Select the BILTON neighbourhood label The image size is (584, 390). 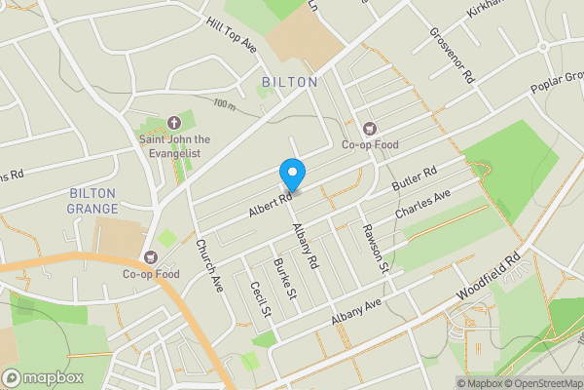(x=289, y=82)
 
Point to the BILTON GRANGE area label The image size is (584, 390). (x=92, y=201)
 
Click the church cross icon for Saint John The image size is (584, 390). (x=175, y=123)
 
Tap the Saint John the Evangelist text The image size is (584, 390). (x=175, y=145)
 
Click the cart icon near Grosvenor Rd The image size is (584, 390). (x=369, y=128)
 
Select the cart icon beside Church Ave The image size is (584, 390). (x=151, y=257)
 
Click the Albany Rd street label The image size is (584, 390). (x=306, y=246)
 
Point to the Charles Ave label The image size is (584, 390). (x=422, y=205)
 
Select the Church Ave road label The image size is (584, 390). (x=209, y=264)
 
